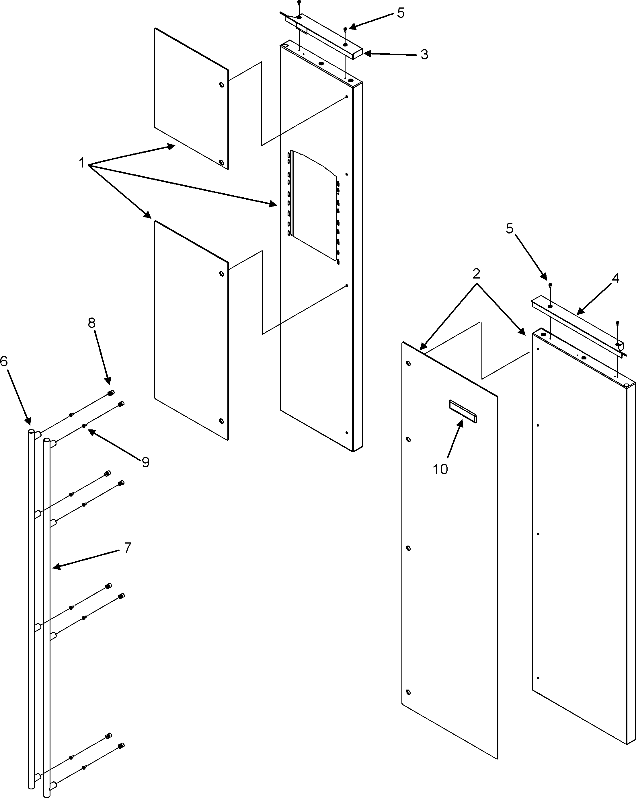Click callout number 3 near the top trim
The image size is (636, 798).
coord(424,55)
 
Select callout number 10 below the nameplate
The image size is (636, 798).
coord(440,469)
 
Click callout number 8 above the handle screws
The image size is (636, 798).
coord(92,323)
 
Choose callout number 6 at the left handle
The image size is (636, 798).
coord(4,361)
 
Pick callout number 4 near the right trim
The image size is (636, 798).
coord(615,278)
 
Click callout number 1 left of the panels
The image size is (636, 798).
coord(82,162)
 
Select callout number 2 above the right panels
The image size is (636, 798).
coord(476,274)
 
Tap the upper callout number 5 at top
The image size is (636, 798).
coord(401,13)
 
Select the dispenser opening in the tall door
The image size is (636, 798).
coord(314,205)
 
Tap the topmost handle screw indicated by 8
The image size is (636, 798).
coord(110,393)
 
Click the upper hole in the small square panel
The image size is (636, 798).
coord(221,85)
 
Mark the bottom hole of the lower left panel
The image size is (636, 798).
coord(221,421)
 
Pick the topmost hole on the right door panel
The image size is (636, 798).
coord(408,363)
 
